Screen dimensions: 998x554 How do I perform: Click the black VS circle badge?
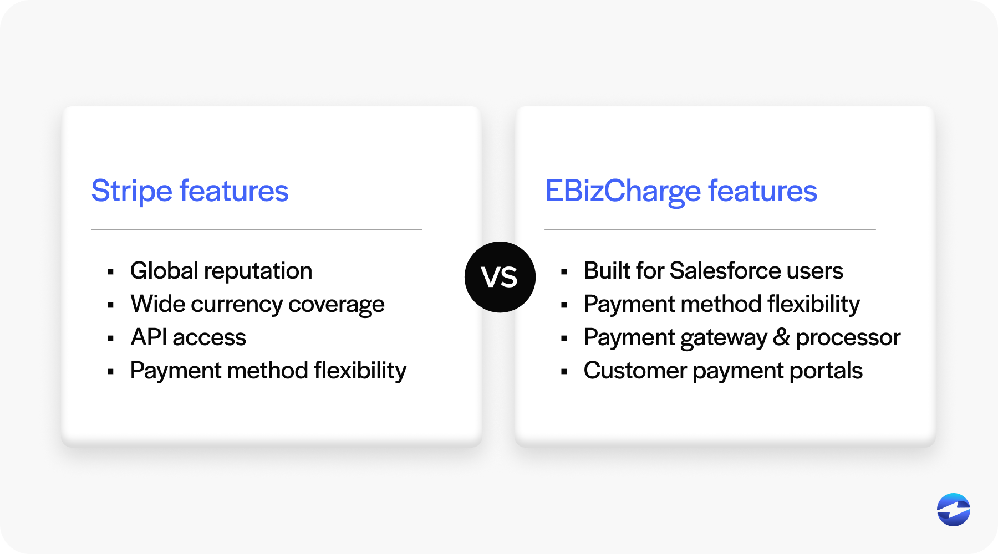(500, 277)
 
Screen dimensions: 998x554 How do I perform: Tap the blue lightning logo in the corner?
(954, 510)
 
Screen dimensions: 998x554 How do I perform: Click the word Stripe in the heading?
(132, 192)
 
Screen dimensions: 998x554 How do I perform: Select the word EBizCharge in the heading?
(623, 192)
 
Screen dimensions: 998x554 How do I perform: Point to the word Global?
(164, 271)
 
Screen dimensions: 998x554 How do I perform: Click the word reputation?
(258, 272)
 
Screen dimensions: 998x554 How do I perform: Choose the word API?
(149, 337)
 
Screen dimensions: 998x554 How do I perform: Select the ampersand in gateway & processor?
(781, 337)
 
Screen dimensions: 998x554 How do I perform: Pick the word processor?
(848, 338)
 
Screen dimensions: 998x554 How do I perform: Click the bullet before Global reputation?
(111, 272)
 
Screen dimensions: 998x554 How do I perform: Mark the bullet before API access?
(111, 338)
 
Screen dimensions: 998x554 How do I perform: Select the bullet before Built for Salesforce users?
(564, 272)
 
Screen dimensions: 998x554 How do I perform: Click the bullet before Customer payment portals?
(564, 372)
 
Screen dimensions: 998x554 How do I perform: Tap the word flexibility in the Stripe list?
(360, 371)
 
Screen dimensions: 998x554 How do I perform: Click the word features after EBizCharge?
(762, 191)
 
